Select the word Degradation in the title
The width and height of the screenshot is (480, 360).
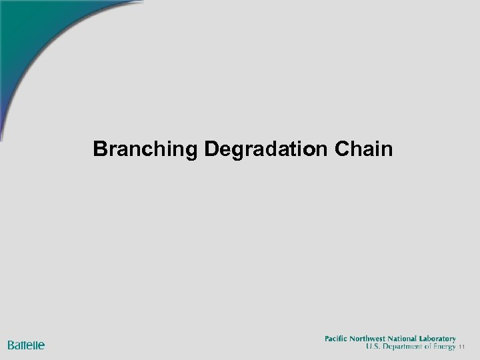pos(263,149)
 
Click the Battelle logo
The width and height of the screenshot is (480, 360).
pos(26,345)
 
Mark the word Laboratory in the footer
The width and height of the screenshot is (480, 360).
pos(441,339)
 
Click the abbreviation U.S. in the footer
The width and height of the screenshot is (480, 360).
pos(373,347)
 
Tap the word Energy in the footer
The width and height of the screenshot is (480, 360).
pos(444,347)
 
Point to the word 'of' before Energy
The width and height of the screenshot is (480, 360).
pos(427,347)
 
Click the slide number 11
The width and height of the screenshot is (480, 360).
pos(461,348)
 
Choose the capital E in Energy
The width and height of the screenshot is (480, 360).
pos(435,347)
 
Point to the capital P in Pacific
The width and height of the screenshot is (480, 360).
pos(327,339)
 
